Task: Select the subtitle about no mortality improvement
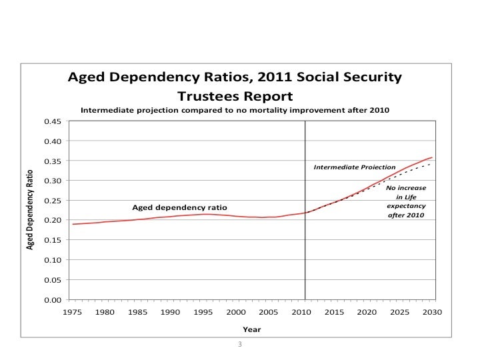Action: click(235, 109)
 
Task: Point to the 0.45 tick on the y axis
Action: click(53, 121)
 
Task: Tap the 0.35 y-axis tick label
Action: click(53, 161)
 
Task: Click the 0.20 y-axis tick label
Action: click(53, 220)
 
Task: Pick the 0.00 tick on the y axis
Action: click(53, 299)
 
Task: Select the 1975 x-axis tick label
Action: click(72, 312)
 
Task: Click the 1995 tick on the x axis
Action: click(203, 312)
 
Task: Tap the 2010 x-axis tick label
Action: click(301, 312)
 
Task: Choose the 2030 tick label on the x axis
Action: click(431, 312)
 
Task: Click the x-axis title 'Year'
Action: click(251, 329)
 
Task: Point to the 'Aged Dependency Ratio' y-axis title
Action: click(30, 210)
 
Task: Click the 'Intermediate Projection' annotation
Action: click(354, 167)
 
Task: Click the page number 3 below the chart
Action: click(240, 344)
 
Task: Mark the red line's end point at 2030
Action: click(432, 157)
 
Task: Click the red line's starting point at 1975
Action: click(73, 224)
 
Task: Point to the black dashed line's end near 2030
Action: click(431, 163)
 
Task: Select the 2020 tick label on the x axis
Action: click(366, 312)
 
